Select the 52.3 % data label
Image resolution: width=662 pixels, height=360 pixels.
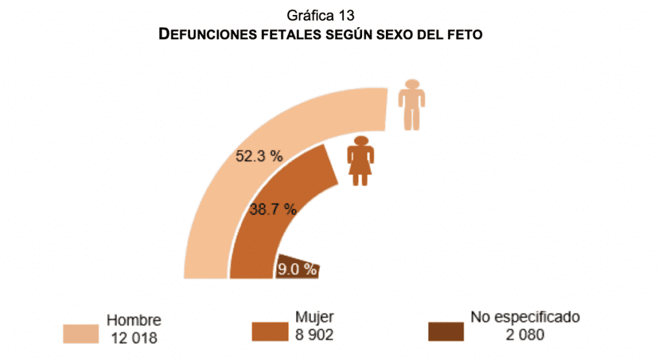point(259,156)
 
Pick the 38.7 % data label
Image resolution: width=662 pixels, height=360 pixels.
point(273,209)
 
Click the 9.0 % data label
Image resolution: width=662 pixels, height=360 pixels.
point(297,270)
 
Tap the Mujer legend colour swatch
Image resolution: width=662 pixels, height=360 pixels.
point(270,332)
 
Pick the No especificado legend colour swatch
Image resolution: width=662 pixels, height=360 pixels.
point(446,332)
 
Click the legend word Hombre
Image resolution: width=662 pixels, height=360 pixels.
point(134,320)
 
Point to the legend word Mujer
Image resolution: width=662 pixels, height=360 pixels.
point(314,317)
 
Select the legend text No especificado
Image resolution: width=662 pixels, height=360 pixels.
point(525,317)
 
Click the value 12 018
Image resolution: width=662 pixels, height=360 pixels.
point(134,337)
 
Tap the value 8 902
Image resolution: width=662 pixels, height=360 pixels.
point(314,335)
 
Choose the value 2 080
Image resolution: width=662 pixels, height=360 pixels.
point(525,335)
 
